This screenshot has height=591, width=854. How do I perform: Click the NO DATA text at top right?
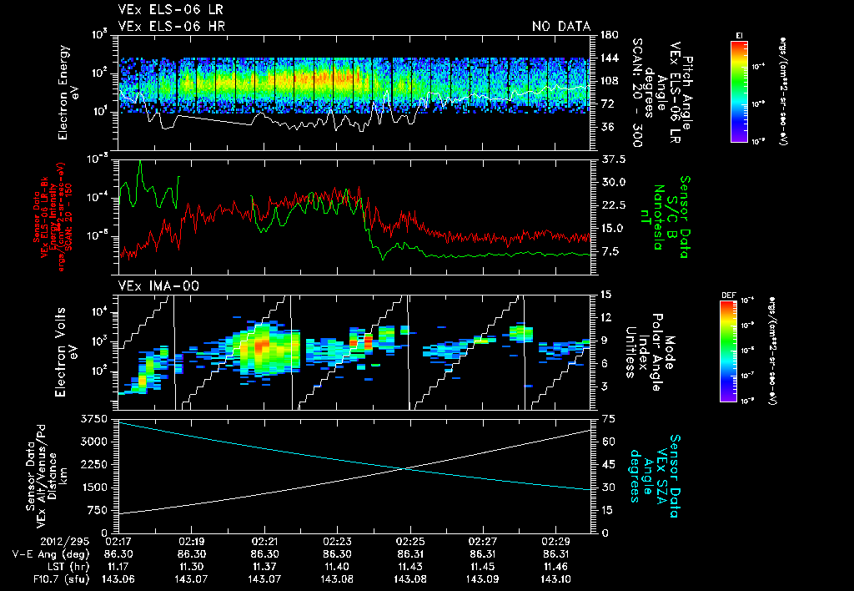point(560,26)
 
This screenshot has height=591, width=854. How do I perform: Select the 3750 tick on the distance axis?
point(97,417)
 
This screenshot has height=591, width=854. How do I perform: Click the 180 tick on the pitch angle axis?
point(608,34)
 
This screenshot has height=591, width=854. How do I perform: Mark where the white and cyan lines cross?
point(406,467)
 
